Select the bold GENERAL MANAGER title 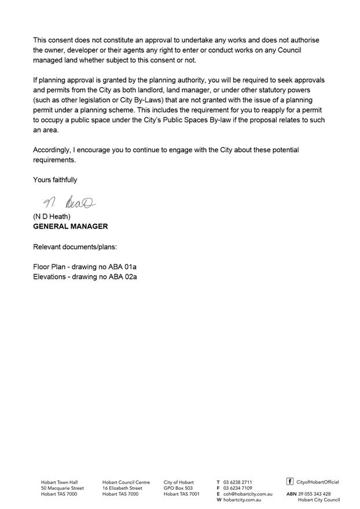click(70, 226)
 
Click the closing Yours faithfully click(55, 180)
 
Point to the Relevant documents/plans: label click(75, 247)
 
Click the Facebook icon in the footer click(290, 481)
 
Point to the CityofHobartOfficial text click(318, 482)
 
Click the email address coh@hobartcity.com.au click(248, 494)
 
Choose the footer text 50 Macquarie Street click(63, 488)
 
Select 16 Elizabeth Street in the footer click(122, 488)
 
